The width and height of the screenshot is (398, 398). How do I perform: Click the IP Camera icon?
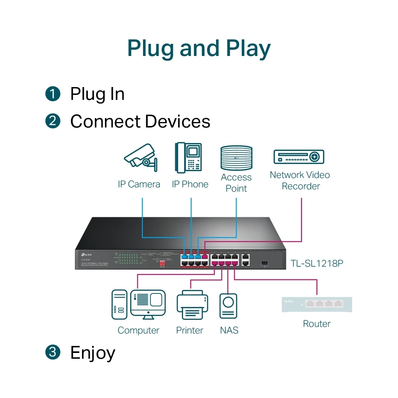click(141, 157)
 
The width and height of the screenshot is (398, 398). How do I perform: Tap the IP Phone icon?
click(189, 157)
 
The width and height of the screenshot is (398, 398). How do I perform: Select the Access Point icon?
click(236, 158)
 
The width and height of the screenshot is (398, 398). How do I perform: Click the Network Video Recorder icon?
click(298, 157)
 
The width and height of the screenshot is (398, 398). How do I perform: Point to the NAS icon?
click(228, 306)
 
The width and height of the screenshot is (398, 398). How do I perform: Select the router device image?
click(317, 304)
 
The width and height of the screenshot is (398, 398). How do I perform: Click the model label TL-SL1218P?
click(317, 264)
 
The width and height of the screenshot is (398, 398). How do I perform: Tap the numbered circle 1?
click(53, 94)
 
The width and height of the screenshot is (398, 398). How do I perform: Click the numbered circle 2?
click(53, 121)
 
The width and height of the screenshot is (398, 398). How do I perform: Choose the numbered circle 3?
click(53, 352)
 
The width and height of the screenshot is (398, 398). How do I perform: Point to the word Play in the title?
click(248, 49)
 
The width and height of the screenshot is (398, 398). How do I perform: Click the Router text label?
click(317, 324)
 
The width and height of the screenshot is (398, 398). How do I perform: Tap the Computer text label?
click(138, 330)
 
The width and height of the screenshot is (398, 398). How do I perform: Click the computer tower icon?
click(119, 304)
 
